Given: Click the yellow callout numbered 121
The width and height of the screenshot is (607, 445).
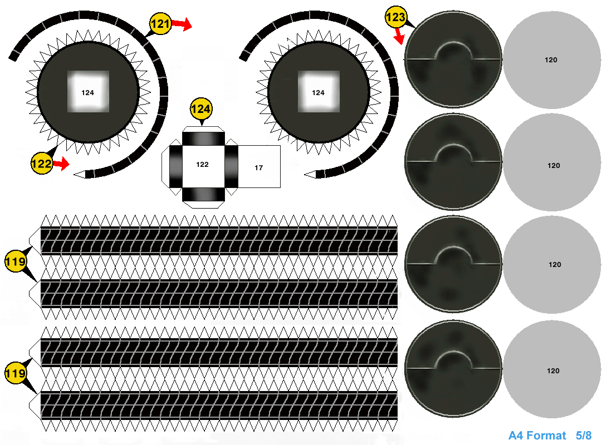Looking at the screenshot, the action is tap(160, 23).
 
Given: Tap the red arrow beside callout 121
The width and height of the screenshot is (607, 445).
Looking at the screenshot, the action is tap(182, 24).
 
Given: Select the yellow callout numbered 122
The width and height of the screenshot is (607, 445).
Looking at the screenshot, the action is tap(42, 164).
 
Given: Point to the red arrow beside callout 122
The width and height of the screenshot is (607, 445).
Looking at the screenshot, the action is tap(61, 164).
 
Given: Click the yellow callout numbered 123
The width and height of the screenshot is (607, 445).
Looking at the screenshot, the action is tap(395, 17).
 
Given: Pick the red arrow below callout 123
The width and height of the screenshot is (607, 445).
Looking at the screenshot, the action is tap(399, 36).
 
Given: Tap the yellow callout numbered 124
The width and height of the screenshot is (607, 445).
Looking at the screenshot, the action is tap(201, 108).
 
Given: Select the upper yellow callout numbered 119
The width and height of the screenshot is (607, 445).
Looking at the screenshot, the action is tap(16, 261).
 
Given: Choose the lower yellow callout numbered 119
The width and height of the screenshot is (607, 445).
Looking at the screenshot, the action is tap(16, 373).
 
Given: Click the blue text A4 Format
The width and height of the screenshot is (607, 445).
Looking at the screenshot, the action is tap(537, 436).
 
